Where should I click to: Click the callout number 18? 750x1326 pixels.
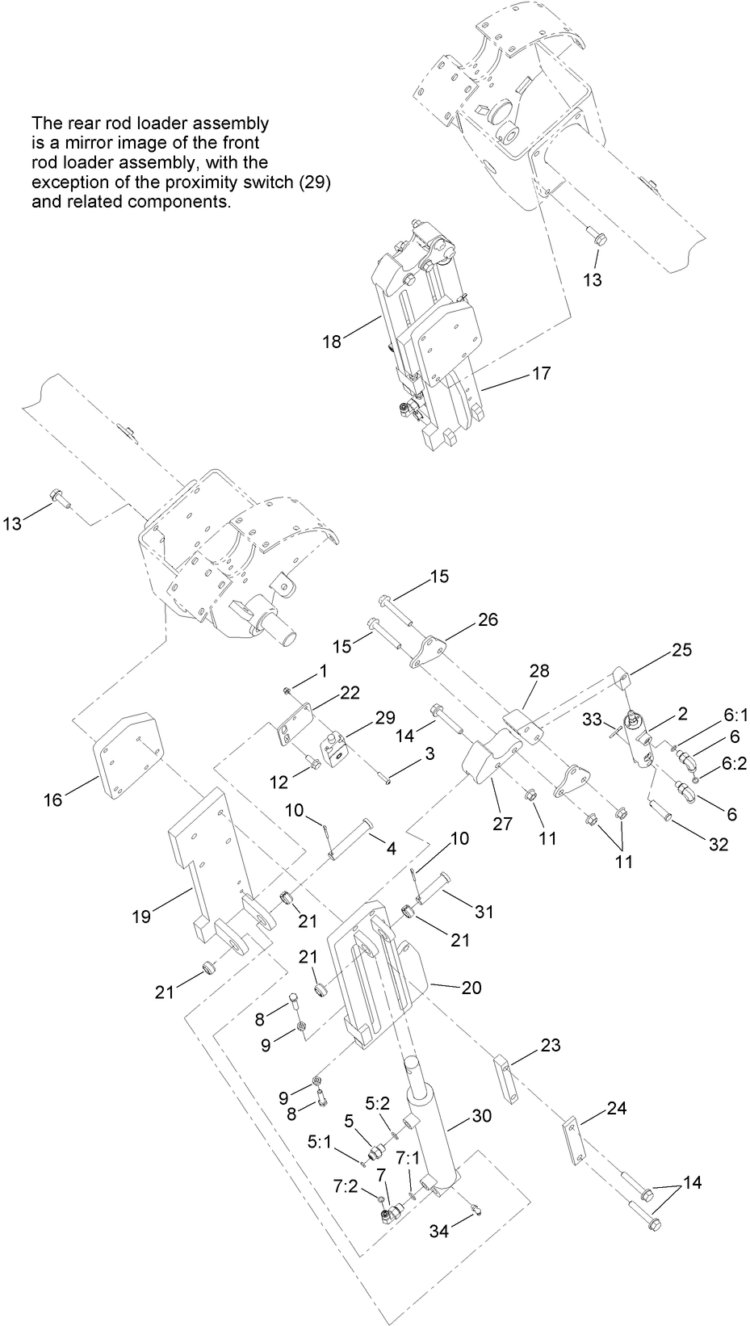pos(332,342)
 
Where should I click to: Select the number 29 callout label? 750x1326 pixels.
pos(384,717)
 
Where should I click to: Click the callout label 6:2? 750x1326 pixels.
pos(734,762)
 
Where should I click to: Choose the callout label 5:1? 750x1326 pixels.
pos(320,1164)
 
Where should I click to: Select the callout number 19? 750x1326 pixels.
pos(142,917)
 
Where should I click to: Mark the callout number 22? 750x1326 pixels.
pos(350,692)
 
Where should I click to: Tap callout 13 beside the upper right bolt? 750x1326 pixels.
pos(593,279)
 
